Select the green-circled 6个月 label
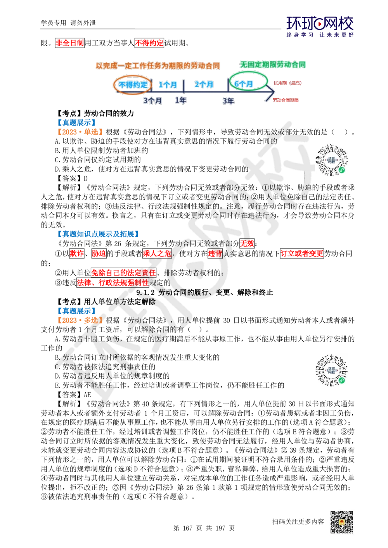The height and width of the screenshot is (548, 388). point(248,83)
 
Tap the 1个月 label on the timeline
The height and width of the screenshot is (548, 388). point(168,84)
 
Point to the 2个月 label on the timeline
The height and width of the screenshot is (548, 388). point(204,84)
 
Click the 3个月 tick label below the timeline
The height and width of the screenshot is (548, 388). point(153,100)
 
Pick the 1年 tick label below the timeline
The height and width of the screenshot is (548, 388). point(180,100)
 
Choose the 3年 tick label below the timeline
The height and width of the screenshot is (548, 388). point(228,101)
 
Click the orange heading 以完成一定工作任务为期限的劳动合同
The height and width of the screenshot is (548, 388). point(158,66)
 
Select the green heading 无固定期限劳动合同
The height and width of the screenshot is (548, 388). point(273,65)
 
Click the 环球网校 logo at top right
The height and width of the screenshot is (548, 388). point(320,26)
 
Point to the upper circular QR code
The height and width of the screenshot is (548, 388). point(332,161)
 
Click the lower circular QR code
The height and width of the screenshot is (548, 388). point(332,370)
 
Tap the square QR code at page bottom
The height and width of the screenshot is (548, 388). point(341,522)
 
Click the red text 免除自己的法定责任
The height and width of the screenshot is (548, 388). point(123,272)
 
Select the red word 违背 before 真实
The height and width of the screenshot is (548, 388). point(215,254)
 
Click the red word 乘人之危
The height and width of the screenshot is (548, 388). point(157,254)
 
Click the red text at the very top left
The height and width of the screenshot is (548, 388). point(69,43)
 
